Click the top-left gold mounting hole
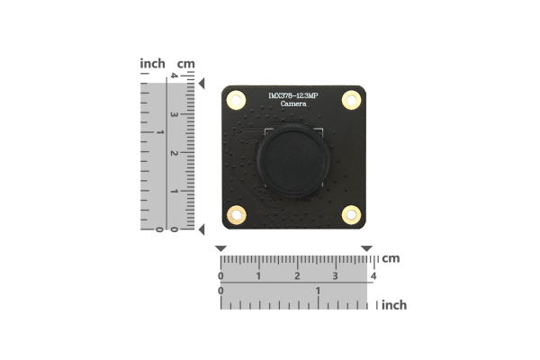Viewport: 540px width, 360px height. coord(237,101)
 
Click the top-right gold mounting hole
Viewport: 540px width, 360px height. coord(351,101)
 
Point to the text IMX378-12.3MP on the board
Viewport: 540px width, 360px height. coord(293,95)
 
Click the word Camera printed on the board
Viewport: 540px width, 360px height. coord(293,105)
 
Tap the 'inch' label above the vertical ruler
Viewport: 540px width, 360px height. coord(153,64)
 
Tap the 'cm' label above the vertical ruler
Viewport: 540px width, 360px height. coord(186,64)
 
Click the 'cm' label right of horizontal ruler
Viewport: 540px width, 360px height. coord(390,258)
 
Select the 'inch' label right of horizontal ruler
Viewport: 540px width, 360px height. coord(393,305)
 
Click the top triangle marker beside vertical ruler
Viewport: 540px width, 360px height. coord(202,84)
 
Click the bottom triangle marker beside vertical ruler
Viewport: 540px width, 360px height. coord(202,229)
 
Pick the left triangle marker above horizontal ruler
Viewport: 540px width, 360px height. coord(221,248)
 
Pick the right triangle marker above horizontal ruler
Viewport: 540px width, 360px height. coord(366,248)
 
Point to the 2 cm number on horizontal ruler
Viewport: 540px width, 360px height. coord(297,275)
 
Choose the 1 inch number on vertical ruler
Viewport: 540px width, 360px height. coord(160,132)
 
